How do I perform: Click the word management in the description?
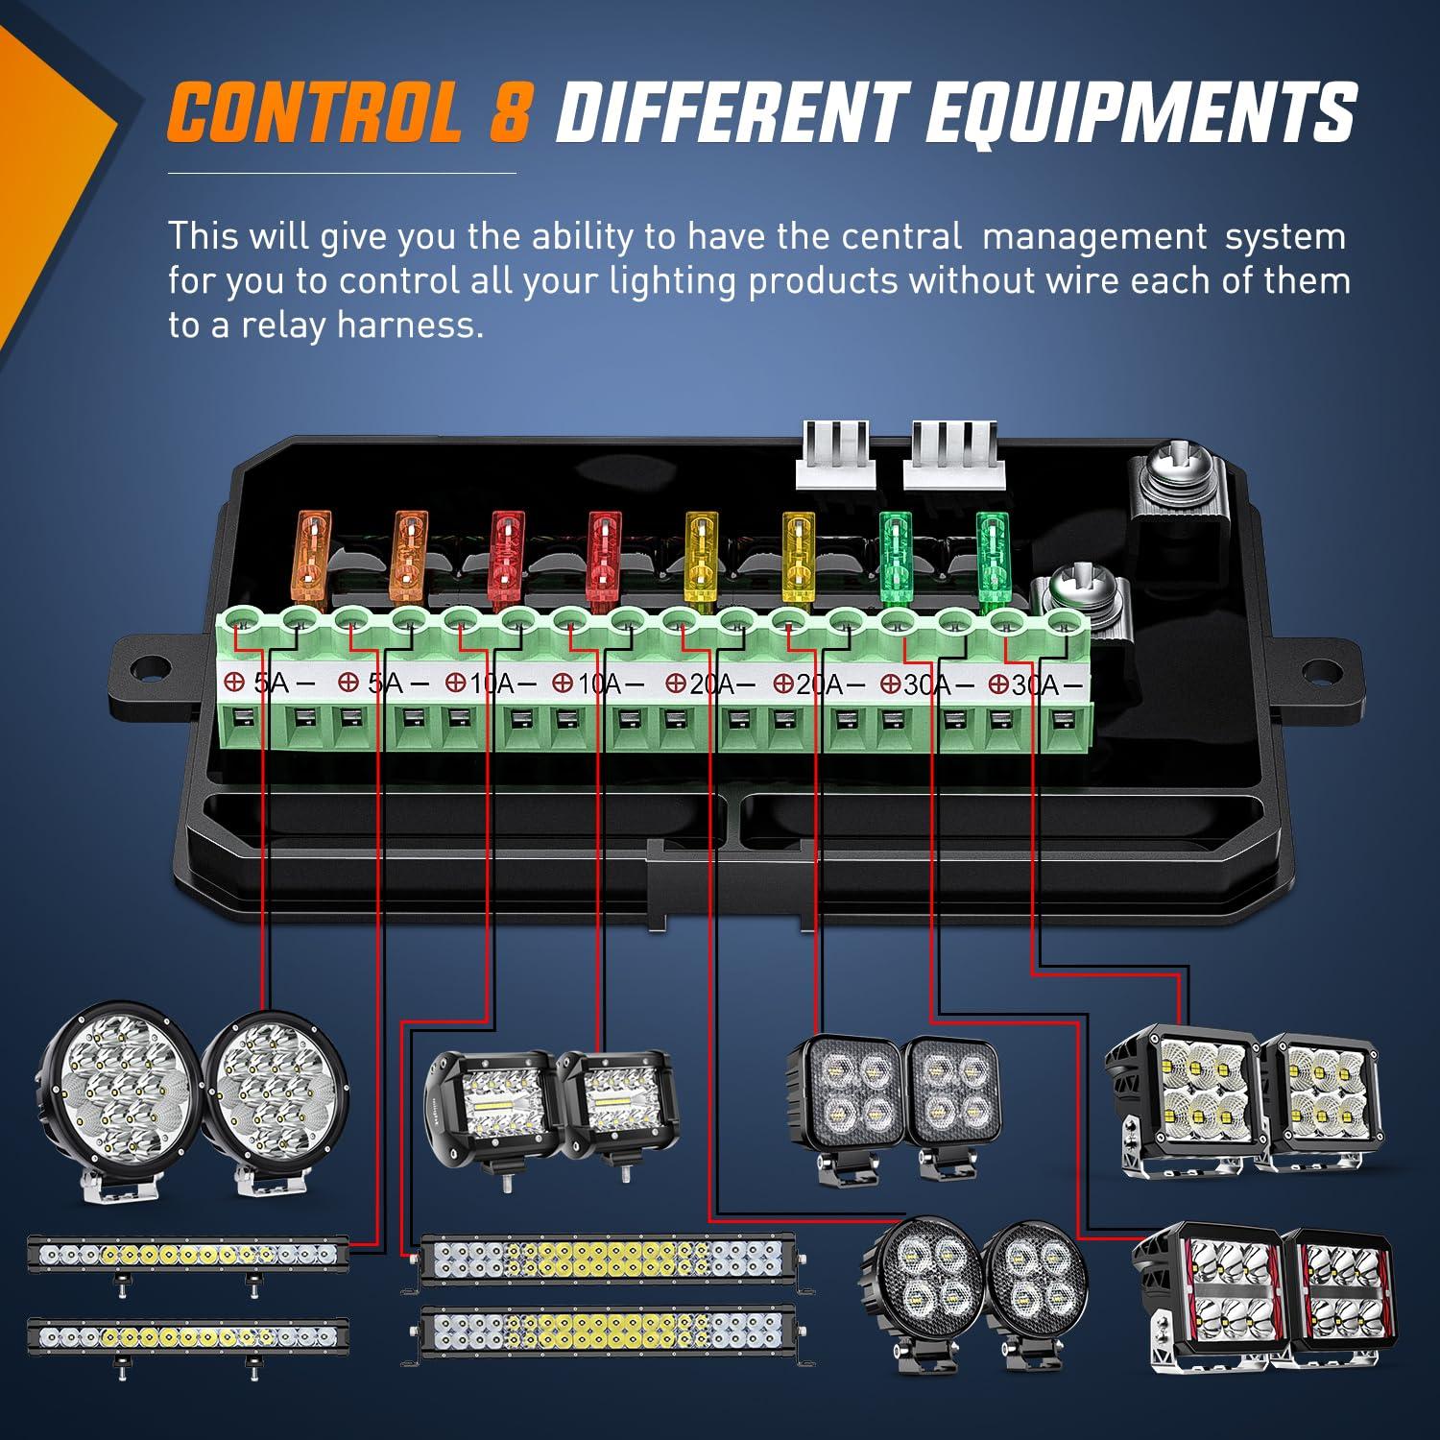(1093, 235)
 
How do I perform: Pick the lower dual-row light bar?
(607, 1332)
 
